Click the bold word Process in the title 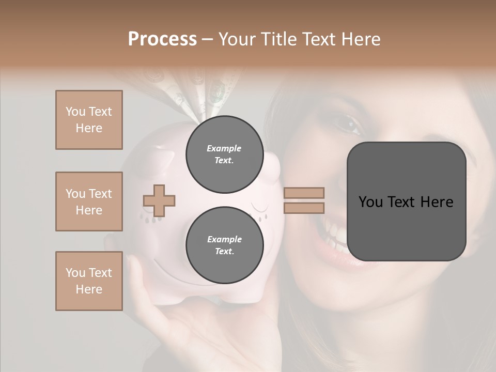162,39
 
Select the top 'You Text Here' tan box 89,120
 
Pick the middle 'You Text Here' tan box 89,202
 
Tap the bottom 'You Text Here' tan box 89,281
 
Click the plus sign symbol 159,200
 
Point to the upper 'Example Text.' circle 224,154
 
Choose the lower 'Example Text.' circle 224,245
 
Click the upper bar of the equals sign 304,193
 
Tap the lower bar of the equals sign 304,208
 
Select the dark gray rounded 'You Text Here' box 406,202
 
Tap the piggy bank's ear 164,158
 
